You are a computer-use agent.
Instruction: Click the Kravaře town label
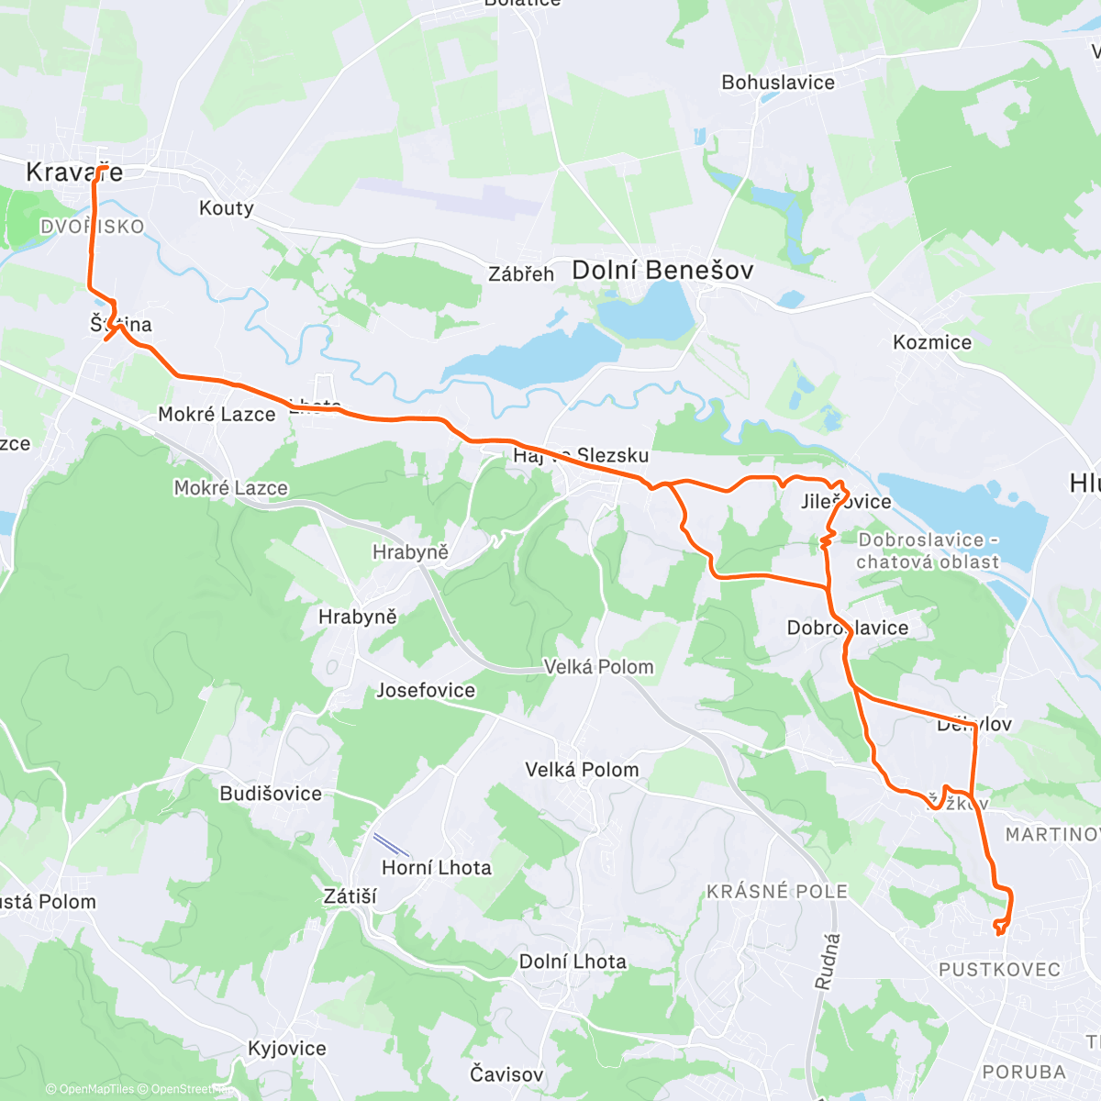click(x=73, y=172)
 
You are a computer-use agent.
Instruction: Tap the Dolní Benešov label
click(x=662, y=270)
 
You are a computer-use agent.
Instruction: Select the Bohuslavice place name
click(x=778, y=83)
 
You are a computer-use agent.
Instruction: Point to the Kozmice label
click(x=932, y=342)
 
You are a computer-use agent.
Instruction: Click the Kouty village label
click(x=227, y=208)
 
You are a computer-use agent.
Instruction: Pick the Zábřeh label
click(x=521, y=273)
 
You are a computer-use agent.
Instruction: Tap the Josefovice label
click(x=426, y=690)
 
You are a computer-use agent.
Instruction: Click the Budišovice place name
click(x=271, y=794)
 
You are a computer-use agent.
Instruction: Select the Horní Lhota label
click(x=437, y=867)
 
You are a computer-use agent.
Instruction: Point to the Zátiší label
click(x=350, y=896)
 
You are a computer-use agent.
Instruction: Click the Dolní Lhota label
click(x=573, y=962)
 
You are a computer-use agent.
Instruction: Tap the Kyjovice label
click(x=287, y=1048)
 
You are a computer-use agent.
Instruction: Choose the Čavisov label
click(x=506, y=1073)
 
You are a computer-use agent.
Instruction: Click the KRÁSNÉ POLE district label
click(x=777, y=891)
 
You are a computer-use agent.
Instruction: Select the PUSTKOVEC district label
click(x=999, y=970)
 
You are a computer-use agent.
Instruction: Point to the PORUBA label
click(x=1024, y=1072)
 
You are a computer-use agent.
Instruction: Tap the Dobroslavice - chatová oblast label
click(x=927, y=550)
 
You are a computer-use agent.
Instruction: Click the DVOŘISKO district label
click(x=92, y=227)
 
